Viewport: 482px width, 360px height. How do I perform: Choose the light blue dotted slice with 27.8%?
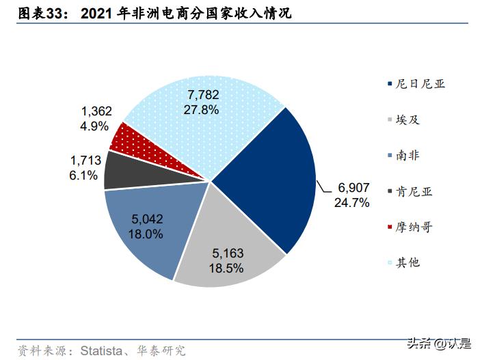(205, 116)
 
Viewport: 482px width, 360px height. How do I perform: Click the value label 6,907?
(353, 188)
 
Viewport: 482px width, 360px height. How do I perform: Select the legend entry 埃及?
(407, 120)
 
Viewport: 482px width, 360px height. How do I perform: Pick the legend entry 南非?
(407, 155)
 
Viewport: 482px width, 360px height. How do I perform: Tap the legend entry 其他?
(407, 262)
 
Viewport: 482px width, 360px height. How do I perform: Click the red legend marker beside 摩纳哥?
(389, 227)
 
